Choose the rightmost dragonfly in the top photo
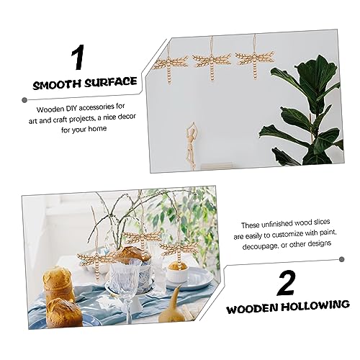tap(256, 58)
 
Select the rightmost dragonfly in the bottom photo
tap(176, 249)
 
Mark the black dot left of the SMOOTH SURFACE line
tap(24, 84)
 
